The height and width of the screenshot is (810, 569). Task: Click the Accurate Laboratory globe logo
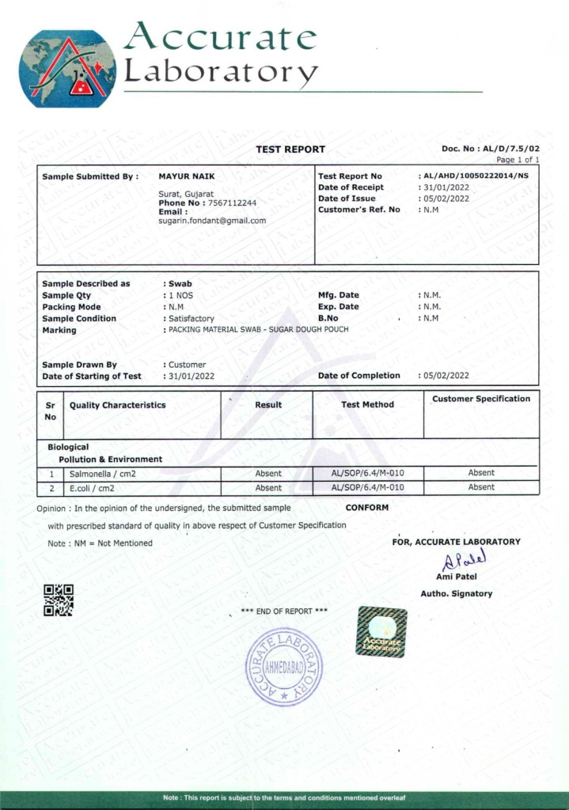click(x=67, y=70)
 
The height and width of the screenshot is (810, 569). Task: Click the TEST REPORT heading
click(x=290, y=150)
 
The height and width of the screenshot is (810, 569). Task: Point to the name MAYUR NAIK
click(x=187, y=176)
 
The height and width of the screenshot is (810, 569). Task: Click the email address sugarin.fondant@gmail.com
click(x=212, y=221)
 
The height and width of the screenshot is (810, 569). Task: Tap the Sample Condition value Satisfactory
click(x=192, y=319)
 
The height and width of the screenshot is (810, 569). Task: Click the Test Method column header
click(x=367, y=405)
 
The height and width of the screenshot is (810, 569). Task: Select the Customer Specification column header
click(x=481, y=399)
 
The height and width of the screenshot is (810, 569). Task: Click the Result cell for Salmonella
click(x=268, y=473)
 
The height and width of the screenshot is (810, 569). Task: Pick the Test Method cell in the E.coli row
click(x=367, y=488)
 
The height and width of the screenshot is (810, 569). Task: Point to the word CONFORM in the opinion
click(x=367, y=508)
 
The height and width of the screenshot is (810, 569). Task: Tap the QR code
click(x=58, y=600)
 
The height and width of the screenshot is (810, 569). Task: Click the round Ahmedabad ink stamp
click(x=283, y=667)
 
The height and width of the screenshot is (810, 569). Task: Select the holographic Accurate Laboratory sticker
click(x=381, y=631)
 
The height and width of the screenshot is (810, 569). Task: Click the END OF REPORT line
click(x=283, y=611)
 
